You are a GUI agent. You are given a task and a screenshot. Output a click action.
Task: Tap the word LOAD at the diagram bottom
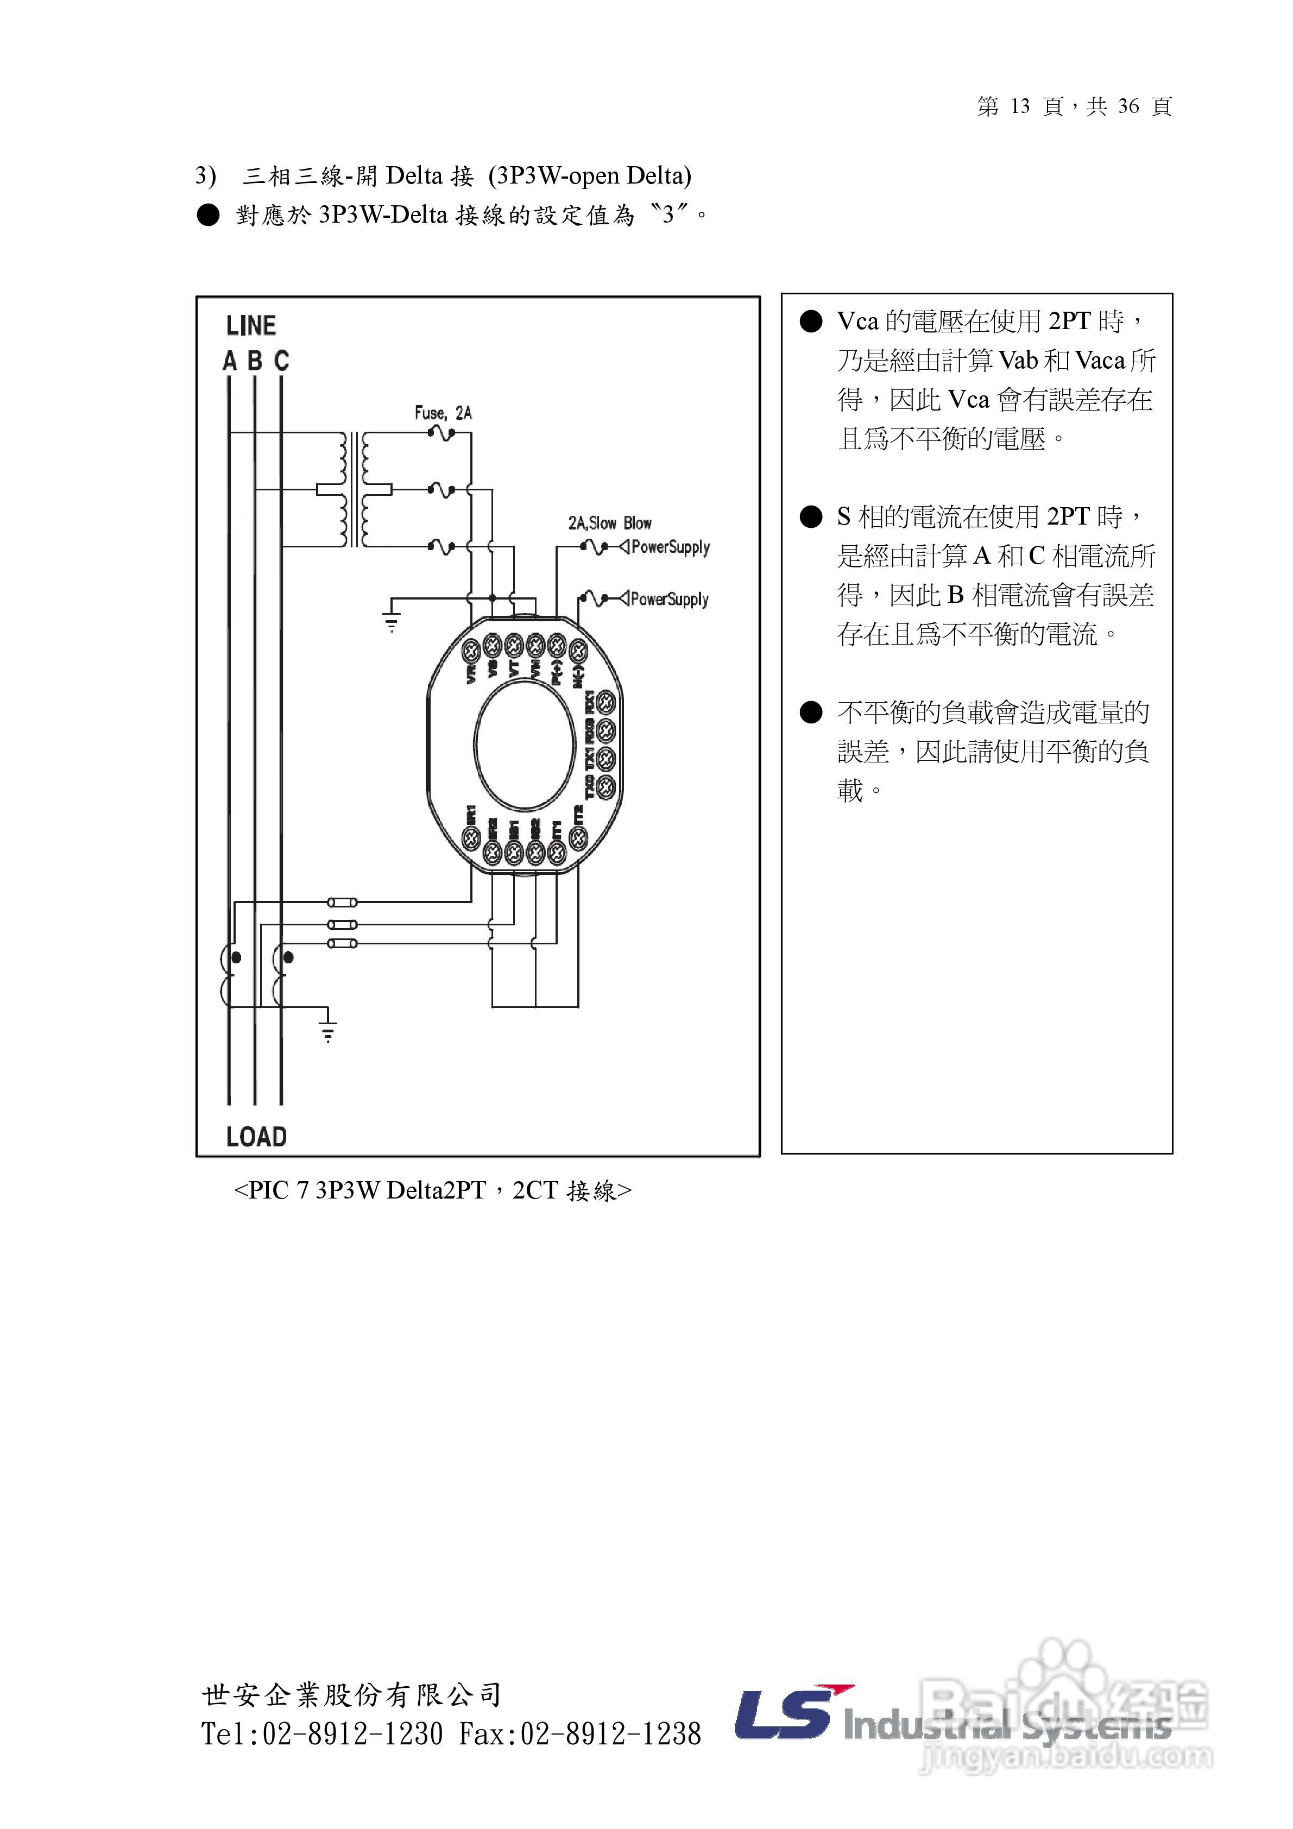coord(256,1136)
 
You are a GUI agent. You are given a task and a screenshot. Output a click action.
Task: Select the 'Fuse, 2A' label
coord(443,413)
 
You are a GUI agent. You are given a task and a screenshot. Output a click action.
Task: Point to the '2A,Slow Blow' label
coord(609,524)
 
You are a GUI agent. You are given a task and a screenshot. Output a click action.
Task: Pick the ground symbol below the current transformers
coord(327,1030)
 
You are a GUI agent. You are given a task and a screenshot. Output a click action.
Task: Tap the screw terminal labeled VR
coord(471,650)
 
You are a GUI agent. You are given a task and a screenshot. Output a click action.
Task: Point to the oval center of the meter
coord(524,745)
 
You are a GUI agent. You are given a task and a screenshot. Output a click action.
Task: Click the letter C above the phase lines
coord(281,361)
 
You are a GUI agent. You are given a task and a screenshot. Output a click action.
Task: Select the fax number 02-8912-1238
coord(610,1733)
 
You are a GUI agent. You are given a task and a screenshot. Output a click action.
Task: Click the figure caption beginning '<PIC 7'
coord(433,1190)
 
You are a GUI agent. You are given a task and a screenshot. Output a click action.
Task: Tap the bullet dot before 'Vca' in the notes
coord(811,322)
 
